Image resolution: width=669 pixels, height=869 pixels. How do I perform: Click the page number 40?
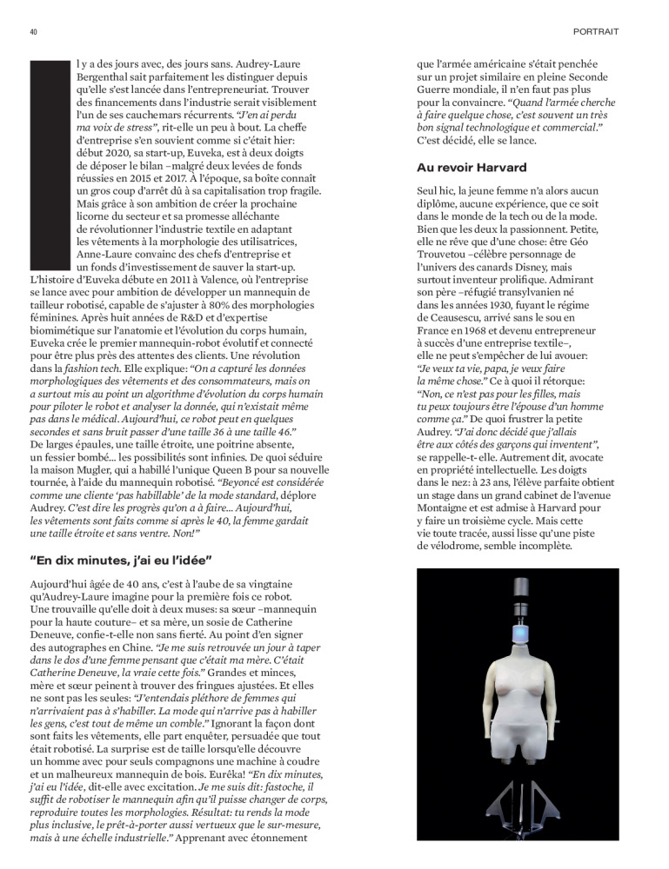click(x=33, y=31)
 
